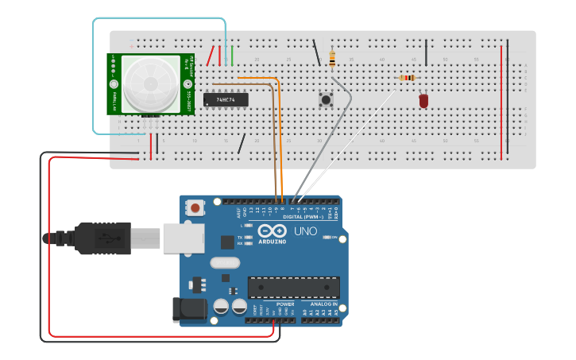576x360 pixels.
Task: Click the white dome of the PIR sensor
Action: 150,82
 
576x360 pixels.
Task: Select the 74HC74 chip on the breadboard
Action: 226,99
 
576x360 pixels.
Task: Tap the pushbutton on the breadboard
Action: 326,100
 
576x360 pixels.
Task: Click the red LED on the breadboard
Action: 423,101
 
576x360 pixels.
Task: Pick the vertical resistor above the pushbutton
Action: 331,58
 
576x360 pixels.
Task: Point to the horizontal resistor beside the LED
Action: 408,77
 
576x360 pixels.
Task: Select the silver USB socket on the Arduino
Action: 183,238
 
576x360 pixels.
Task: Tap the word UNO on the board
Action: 305,231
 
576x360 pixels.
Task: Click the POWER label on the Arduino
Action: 284,304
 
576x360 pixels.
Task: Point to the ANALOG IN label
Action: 323,304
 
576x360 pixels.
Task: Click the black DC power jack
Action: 191,309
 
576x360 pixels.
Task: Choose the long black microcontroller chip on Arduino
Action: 293,288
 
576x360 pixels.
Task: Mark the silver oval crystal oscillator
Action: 224,263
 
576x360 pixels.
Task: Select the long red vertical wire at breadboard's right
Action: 501,99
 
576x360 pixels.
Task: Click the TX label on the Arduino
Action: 239,237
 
